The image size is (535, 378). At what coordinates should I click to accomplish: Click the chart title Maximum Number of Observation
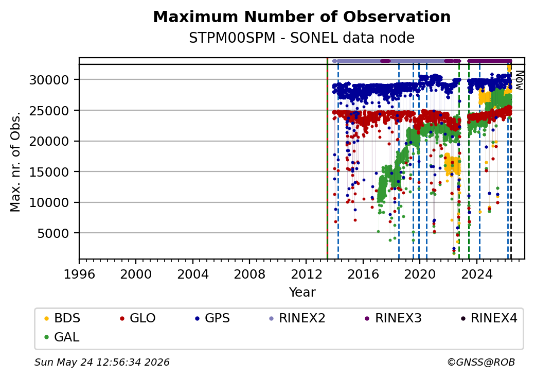pyautogui.click(x=301, y=16)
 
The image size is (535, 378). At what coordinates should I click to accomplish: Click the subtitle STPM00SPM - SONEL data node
pyautogui.click(x=301, y=38)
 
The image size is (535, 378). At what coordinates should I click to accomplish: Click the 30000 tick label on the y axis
pyautogui.click(x=49, y=80)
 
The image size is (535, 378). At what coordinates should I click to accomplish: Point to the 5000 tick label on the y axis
pyautogui.click(x=54, y=234)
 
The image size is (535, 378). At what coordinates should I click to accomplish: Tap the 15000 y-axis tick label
pyautogui.click(x=49, y=172)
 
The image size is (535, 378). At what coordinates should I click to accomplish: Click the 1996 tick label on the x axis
pyautogui.click(x=79, y=274)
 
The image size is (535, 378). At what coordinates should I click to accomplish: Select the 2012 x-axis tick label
pyautogui.click(x=306, y=274)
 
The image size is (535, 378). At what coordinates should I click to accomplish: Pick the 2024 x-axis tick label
pyautogui.click(x=477, y=274)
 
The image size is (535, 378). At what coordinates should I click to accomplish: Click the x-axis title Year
pyautogui.click(x=302, y=293)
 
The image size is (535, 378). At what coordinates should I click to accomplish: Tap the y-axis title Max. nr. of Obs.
pyautogui.click(x=15, y=162)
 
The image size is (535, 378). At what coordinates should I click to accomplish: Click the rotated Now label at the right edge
pyautogui.click(x=519, y=80)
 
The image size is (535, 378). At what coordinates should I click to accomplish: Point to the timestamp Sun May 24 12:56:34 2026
pyautogui.click(x=102, y=362)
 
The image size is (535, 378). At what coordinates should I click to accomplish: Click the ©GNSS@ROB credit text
pyautogui.click(x=481, y=362)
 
